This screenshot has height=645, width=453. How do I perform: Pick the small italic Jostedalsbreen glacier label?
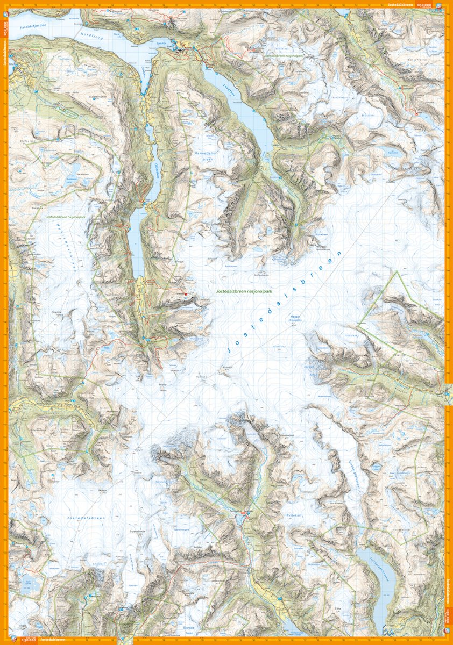coord(86,518)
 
